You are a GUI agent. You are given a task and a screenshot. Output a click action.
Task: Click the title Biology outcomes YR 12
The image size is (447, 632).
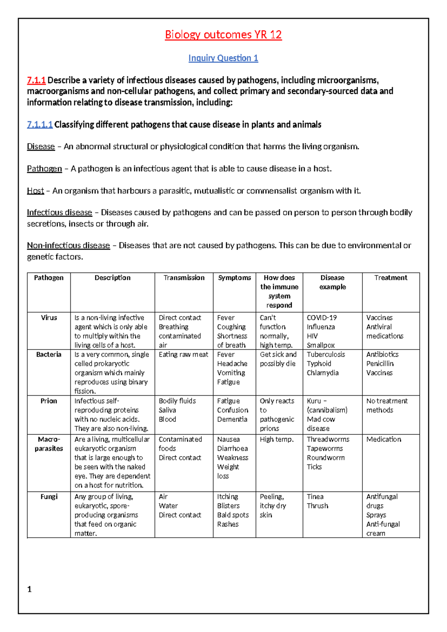pos(223,35)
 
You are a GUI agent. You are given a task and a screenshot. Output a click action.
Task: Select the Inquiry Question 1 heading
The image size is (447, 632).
pos(223,58)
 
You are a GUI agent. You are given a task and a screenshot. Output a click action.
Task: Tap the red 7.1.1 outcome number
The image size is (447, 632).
pos(36,80)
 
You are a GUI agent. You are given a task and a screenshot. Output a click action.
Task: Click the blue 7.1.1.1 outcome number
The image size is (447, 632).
pos(40,124)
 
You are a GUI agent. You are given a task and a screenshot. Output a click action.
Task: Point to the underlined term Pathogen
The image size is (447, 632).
pos(44,169)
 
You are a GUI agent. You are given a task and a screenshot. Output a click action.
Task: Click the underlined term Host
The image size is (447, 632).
pos(35,191)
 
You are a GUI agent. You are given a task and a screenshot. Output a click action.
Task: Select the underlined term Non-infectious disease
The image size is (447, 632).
pos(68,246)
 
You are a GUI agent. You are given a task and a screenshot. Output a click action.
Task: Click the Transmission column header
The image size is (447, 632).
pos(184,278)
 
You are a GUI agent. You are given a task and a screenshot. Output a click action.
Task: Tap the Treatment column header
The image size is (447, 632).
pos(391,278)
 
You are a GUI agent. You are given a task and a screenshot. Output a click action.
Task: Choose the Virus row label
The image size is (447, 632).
pos(49,317)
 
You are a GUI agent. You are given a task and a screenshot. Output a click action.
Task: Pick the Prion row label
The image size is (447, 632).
pos(49,401)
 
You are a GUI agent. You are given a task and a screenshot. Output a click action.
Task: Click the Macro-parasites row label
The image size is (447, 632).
pos(49,444)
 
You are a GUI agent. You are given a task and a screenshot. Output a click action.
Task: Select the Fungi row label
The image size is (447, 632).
pos(49,497)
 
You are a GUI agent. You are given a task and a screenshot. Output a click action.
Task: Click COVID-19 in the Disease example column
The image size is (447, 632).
pos(322,317)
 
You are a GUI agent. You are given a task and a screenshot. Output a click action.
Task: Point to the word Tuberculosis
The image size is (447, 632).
pos(326,354)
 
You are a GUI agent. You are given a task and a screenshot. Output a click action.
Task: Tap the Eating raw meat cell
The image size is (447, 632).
pos(183,354)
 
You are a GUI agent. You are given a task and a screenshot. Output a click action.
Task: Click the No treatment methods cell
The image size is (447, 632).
pos(387,405)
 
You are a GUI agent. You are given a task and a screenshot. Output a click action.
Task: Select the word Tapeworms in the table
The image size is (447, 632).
pos(325,449)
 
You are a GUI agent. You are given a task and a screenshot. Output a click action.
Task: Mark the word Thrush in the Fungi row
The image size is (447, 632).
pos(317,506)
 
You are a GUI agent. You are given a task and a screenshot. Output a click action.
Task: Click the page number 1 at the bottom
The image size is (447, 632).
pos(29,590)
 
